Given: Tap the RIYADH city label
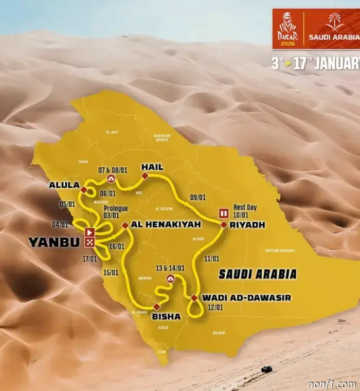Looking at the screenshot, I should (x=248, y=225).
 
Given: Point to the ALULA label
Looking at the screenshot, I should (x=64, y=185).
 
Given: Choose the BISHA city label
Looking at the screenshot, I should (x=166, y=316).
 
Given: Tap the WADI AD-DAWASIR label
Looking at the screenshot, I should (x=246, y=297).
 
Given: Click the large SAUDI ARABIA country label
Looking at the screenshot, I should (x=257, y=274).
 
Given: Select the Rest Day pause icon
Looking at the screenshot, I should (x=224, y=213).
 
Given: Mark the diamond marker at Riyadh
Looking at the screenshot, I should (x=224, y=225).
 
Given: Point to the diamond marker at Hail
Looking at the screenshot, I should (x=145, y=176).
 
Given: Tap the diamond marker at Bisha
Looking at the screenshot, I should (x=156, y=307).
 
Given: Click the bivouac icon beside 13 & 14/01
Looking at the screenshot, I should (x=170, y=278).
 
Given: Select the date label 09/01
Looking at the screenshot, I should (x=197, y=197).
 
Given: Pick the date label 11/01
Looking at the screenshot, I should (x=211, y=258).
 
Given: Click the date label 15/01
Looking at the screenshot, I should (x=111, y=272).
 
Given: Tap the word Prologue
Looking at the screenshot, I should (x=115, y=208).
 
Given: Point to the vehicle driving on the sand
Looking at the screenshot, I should (x=266, y=369).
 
